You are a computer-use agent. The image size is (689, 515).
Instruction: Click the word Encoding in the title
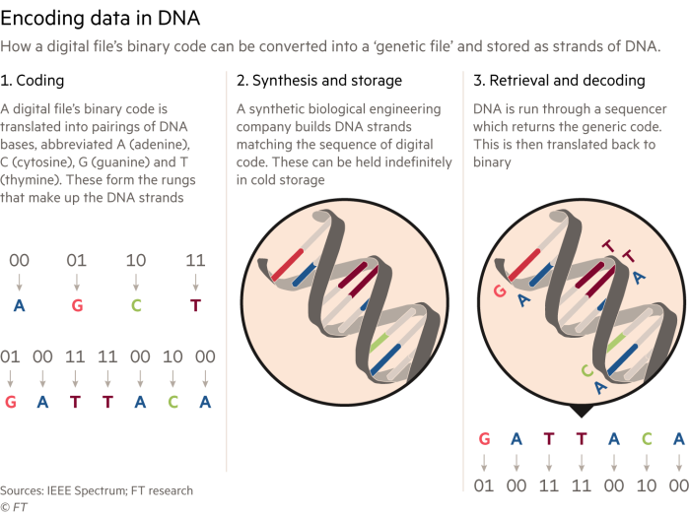pyautogui.click(x=42, y=19)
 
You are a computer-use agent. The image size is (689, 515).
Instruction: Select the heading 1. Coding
pyautogui.click(x=33, y=81)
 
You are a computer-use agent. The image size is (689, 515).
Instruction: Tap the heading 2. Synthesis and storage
pyautogui.click(x=319, y=81)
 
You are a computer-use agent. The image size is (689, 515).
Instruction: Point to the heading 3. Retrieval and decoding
pyautogui.click(x=559, y=81)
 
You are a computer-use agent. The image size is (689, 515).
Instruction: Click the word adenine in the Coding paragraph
pyautogui.click(x=159, y=145)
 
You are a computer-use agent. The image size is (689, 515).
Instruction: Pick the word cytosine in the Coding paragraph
pyautogui.click(x=41, y=162)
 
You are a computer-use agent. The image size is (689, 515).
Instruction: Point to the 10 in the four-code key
pyautogui.click(x=136, y=260)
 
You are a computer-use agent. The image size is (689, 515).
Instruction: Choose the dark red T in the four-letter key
pyautogui.click(x=195, y=305)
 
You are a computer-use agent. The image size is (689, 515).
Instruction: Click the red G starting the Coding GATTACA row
pyautogui.click(x=11, y=402)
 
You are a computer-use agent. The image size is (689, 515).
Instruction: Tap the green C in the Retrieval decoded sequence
pyautogui.click(x=647, y=438)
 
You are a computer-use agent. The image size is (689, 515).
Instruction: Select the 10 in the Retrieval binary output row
pyautogui.click(x=647, y=485)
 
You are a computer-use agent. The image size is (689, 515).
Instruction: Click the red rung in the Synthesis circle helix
pyautogui.click(x=288, y=265)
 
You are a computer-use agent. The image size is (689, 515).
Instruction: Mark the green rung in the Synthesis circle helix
pyautogui.click(x=380, y=343)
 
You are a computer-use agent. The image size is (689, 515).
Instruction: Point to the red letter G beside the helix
pyautogui.click(x=500, y=290)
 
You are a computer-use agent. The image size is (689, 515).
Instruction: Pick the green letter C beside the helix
pyautogui.click(x=587, y=371)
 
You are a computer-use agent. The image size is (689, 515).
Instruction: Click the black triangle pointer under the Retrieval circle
pyautogui.click(x=582, y=411)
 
